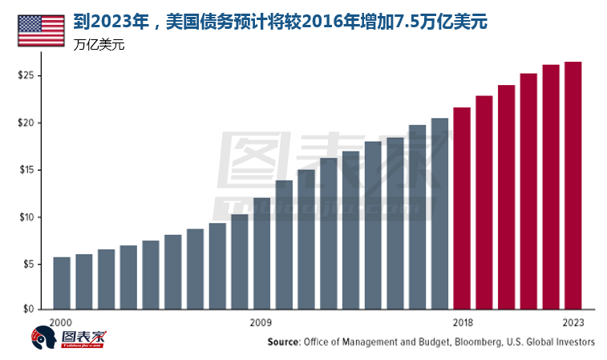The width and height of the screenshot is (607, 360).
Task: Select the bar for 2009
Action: [261, 253]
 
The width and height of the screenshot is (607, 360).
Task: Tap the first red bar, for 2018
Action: [462, 208]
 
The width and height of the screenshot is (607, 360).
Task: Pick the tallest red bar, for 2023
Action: [573, 185]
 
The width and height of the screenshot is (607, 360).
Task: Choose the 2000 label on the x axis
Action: [61, 322]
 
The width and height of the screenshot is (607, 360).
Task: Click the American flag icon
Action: [41, 30]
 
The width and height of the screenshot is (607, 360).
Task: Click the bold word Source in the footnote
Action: [284, 342]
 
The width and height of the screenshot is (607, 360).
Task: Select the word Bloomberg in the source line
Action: [477, 342]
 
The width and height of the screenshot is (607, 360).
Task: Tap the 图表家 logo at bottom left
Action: [69, 339]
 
